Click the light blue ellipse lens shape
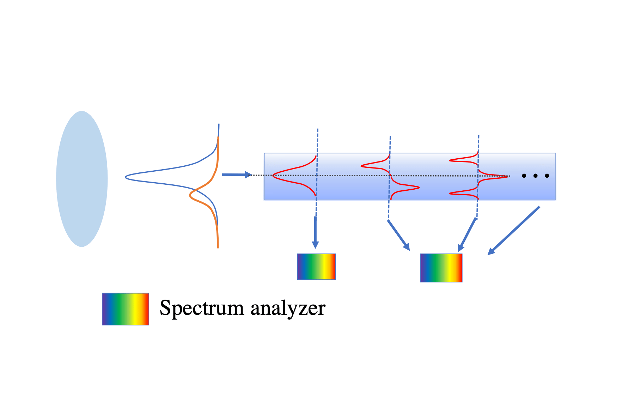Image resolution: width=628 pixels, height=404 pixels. (x=82, y=179)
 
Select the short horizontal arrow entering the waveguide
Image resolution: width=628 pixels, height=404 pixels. (x=236, y=175)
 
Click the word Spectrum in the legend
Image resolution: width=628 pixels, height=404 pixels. (x=201, y=308)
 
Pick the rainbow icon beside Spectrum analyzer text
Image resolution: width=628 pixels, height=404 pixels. (x=126, y=309)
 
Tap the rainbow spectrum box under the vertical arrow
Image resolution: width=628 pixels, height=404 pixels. (x=316, y=267)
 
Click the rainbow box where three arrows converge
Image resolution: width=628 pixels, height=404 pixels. (x=441, y=268)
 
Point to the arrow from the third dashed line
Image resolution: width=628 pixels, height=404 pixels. (x=467, y=235)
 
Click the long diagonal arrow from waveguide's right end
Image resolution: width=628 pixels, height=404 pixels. (x=513, y=231)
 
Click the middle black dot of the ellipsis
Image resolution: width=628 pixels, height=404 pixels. (x=535, y=176)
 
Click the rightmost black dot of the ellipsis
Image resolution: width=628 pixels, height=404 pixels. (x=547, y=176)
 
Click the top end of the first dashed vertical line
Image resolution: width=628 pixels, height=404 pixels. (x=318, y=130)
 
